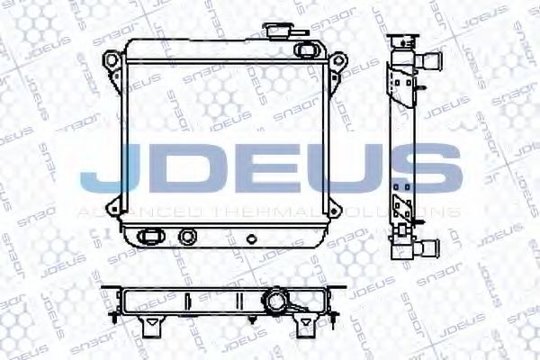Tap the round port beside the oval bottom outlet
[x=187, y=238]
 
